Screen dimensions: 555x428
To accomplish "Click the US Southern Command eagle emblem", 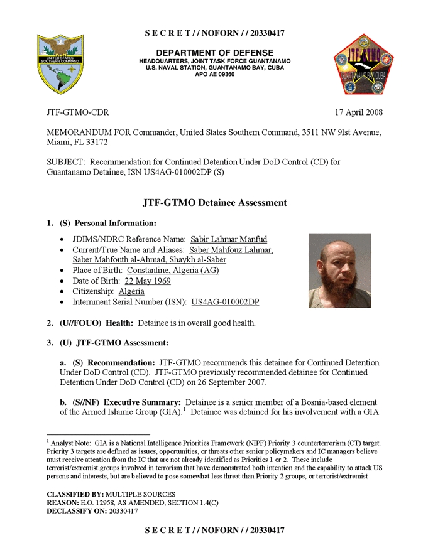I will tap(61, 64).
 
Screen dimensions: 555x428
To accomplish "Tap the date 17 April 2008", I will tap(359, 113).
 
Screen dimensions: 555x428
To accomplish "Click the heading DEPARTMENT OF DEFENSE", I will tap(214, 53).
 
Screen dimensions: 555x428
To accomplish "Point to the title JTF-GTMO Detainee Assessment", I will tap(214, 203).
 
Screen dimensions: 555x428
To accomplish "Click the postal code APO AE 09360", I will tap(214, 75).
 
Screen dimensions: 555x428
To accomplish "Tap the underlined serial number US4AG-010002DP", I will tap(225, 302).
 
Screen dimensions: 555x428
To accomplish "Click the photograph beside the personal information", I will tap(339, 271).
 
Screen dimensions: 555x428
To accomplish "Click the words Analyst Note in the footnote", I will tap(72, 443).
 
